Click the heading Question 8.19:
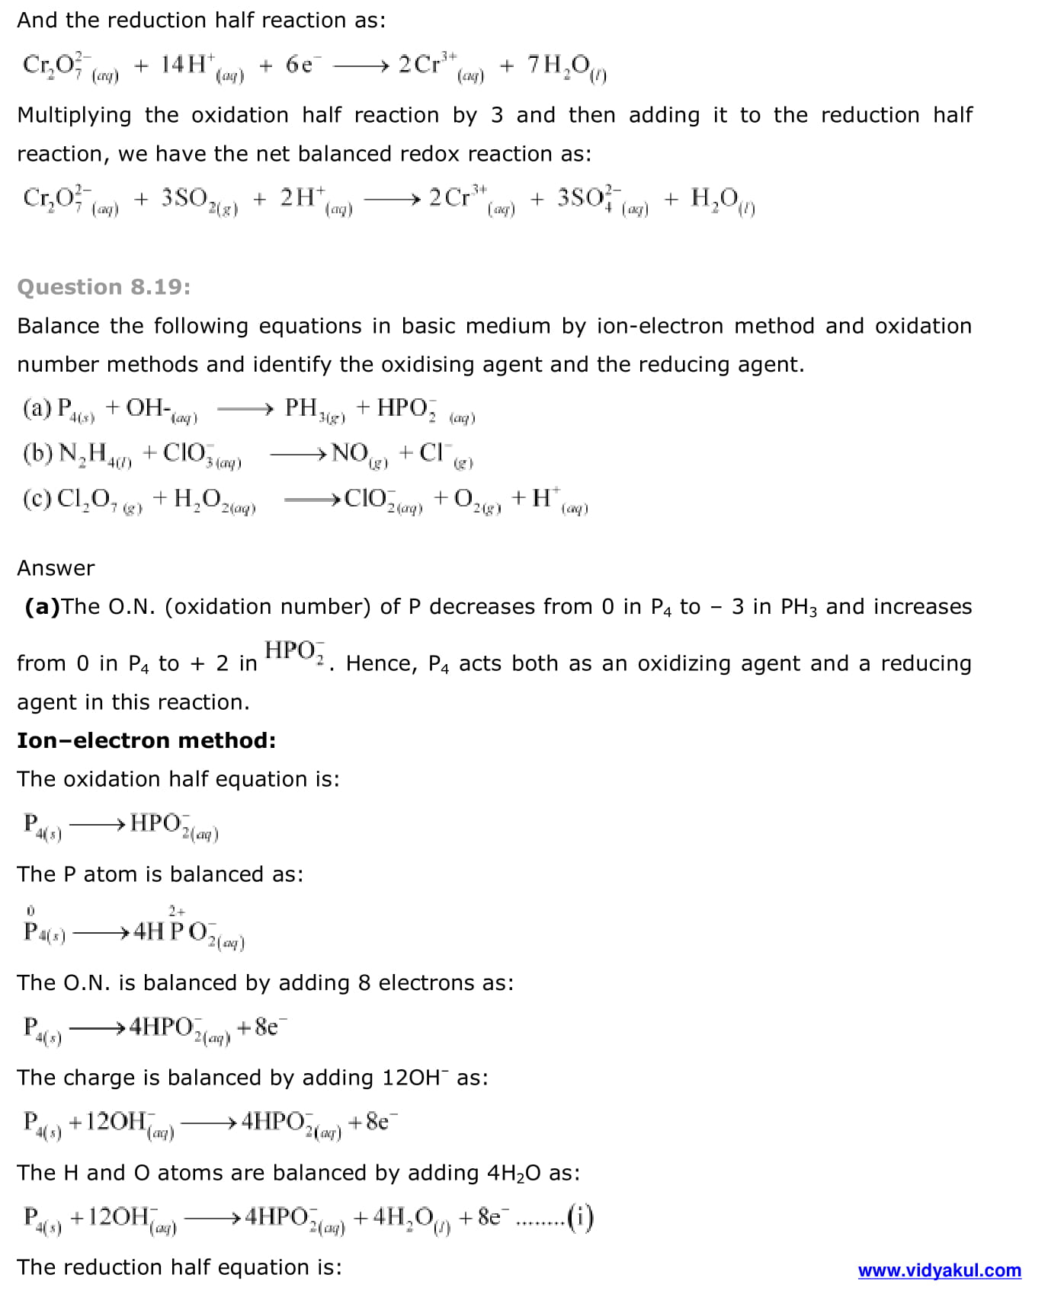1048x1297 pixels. pos(104,287)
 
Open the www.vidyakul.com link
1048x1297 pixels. pos(939,1270)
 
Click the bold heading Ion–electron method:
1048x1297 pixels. pos(146,740)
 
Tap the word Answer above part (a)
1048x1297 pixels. pos(56,568)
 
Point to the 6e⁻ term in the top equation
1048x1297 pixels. pos(300,65)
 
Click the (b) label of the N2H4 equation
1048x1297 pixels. pos(37,453)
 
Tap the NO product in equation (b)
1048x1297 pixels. pos(351,453)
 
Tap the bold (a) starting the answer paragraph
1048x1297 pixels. pos(42,607)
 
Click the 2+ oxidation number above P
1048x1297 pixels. pos(176,911)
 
